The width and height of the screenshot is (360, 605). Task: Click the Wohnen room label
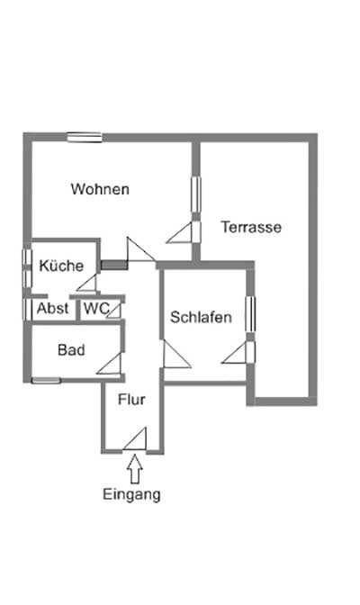(x=100, y=189)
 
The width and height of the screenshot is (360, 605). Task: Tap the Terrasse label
(x=251, y=227)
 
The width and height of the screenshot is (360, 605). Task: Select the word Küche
(x=61, y=266)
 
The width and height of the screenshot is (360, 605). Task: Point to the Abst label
(x=52, y=308)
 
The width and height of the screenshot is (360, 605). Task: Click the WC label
(x=96, y=308)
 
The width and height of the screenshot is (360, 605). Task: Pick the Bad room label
(x=71, y=350)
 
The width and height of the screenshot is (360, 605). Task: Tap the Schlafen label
(x=201, y=317)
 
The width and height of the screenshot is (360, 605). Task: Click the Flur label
(x=131, y=400)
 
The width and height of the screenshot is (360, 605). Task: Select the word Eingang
(x=131, y=494)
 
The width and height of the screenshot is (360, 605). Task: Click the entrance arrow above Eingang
(x=135, y=469)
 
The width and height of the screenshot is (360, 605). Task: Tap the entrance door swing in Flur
(x=135, y=438)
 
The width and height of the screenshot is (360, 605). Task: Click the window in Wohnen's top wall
(x=85, y=138)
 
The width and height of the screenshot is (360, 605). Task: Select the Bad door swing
(x=109, y=364)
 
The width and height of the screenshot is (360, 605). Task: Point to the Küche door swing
(x=86, y=282)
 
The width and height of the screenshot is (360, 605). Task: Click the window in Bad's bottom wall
(x=46, y=381)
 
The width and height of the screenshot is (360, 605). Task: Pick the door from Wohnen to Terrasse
(x=184, y=232)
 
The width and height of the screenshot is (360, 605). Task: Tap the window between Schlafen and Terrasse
(x=250, y=313)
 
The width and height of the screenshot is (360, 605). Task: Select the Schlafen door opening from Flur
(x=177, y=354)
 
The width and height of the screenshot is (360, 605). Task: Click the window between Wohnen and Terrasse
(x=196, y=194)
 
